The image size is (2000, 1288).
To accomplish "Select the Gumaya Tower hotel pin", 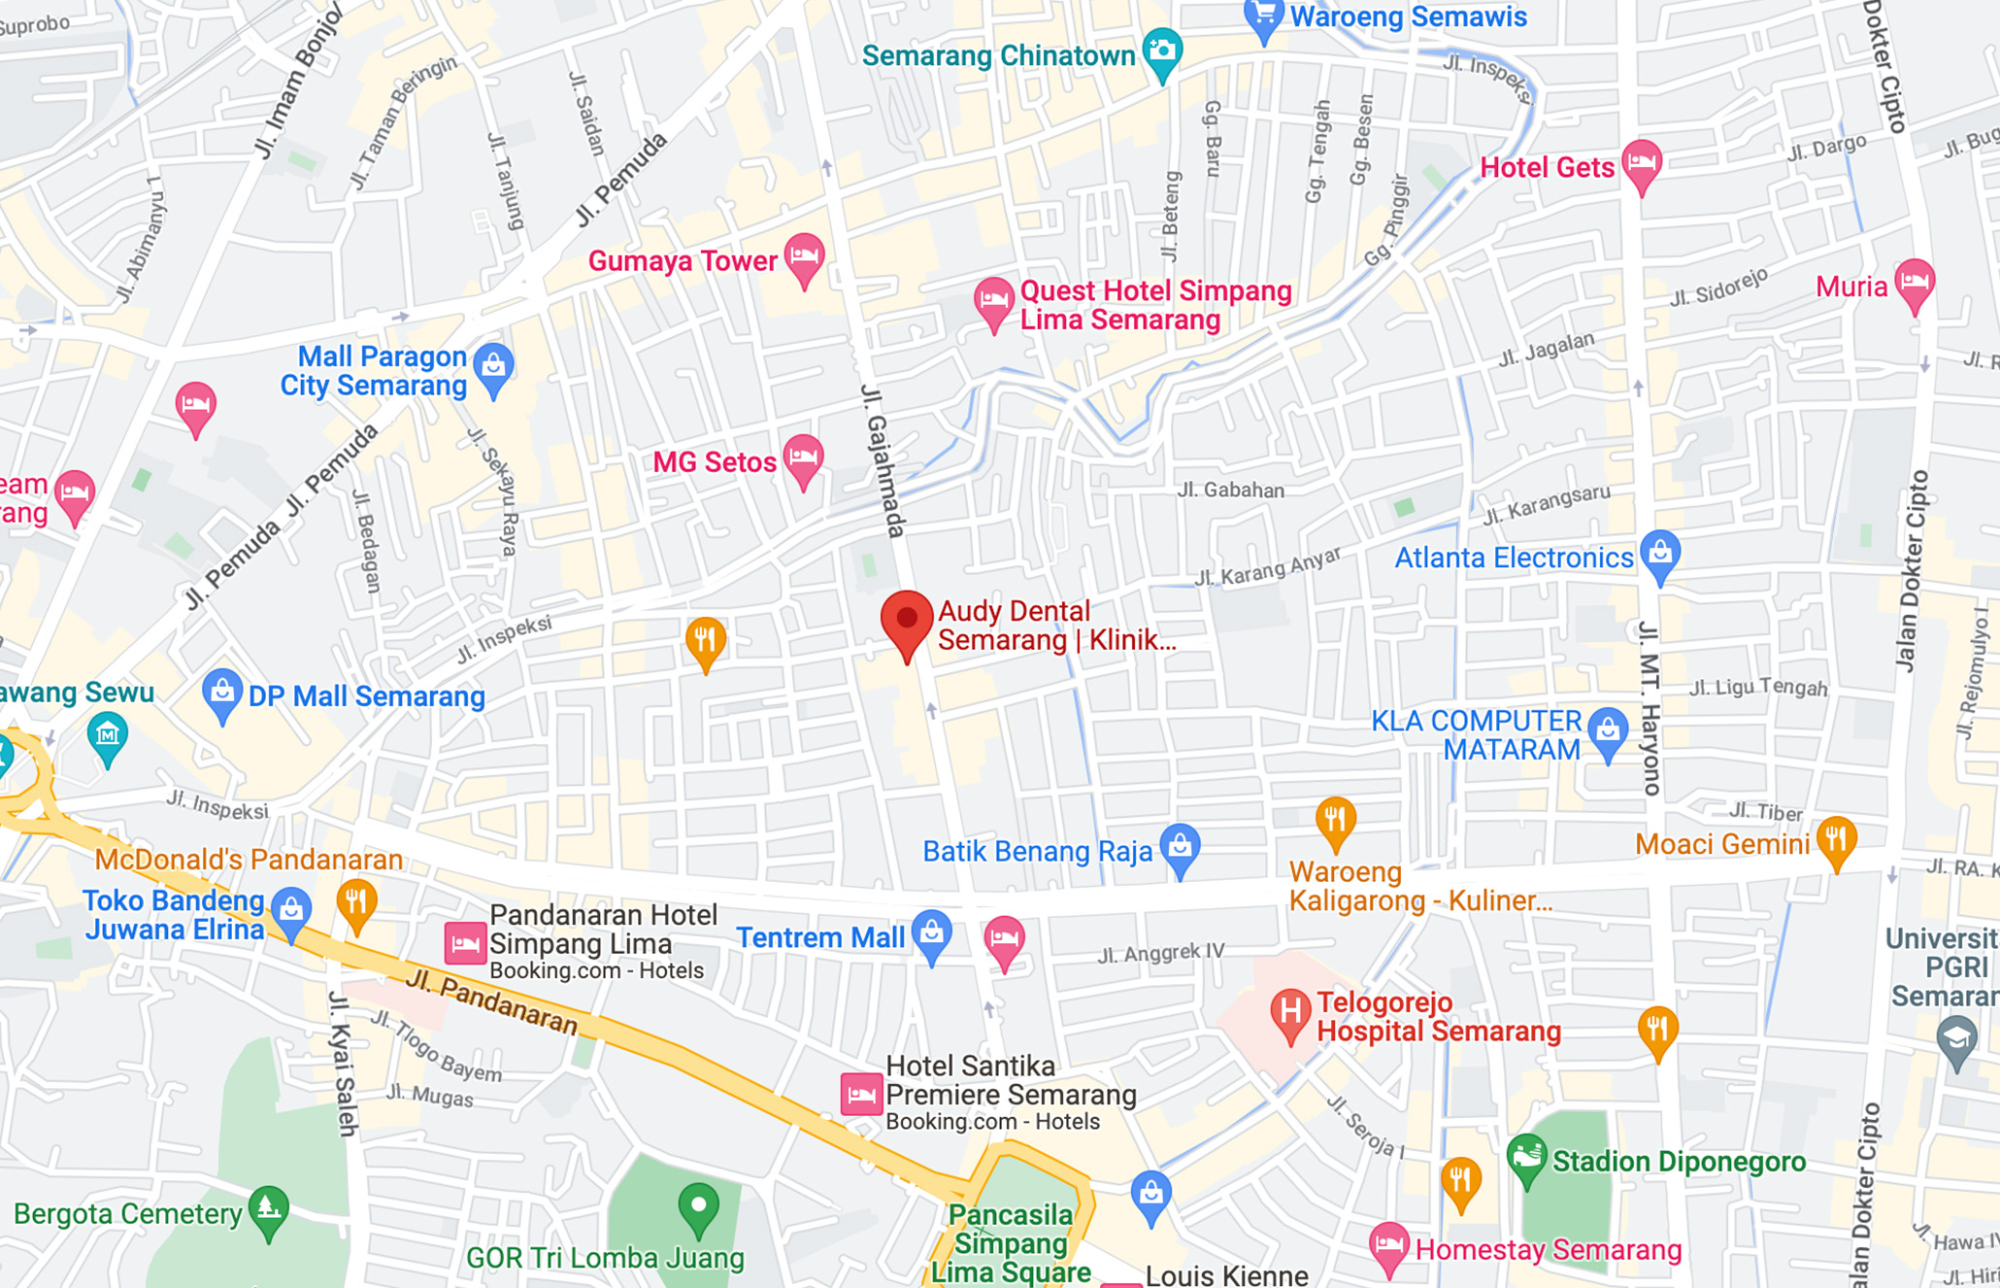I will [804, 257].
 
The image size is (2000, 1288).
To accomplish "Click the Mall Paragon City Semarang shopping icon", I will [493, 367].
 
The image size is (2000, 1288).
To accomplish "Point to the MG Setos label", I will [714, 462].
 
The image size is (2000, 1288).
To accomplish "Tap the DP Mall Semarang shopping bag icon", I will [222, 694].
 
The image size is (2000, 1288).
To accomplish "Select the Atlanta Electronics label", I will [1514, 558].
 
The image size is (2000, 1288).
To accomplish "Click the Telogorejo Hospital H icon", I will [1290, 1012].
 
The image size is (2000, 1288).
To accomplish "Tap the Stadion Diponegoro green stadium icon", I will [1526, 1157].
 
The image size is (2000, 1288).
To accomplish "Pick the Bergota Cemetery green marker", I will [269, 1209].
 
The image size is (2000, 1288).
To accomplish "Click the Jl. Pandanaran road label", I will [491, 1002].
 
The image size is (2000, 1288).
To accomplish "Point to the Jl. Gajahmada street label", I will [883, 461].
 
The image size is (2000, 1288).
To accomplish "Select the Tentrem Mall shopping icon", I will [932, 933].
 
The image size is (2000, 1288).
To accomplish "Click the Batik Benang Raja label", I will [1037, 852].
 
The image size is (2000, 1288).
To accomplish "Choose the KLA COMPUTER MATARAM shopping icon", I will [1608, 730].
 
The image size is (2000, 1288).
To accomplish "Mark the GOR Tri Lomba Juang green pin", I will [698, 1206].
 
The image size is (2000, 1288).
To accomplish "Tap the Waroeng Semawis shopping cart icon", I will [1263, 17].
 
